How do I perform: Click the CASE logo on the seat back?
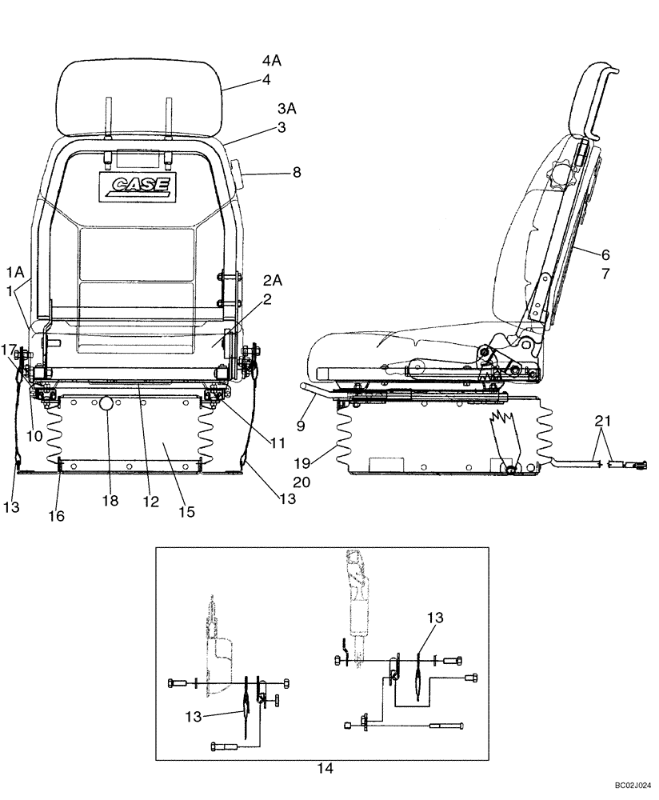[x=136, y=185]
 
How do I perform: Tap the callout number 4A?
[x=273, y=60]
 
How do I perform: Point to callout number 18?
[x=110, y=501]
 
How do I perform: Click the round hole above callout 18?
[x=106, y=406]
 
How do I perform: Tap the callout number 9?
[x=301, y=427]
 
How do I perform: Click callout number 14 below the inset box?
[x=323, y=769]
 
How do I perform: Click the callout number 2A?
[x=272, y=281]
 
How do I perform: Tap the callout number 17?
[x=8, y=350]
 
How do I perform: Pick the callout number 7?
[x=605, y=274]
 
